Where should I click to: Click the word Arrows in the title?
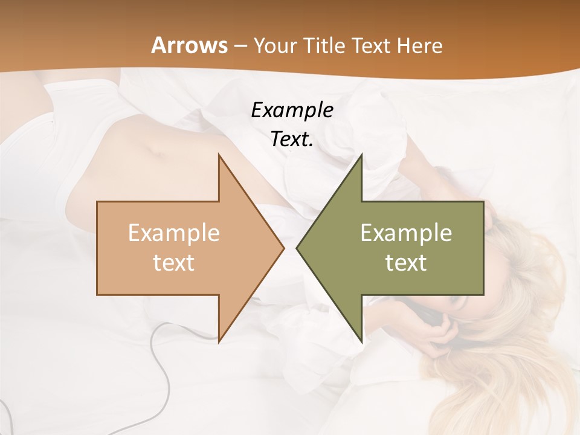(189, 45)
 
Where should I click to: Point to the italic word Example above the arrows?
(292, 110)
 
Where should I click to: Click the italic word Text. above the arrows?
(292, 140)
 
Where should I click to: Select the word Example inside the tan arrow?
(174, 233)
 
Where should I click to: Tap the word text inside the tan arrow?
(174, 263)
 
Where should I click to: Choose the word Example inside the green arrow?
(406, 233)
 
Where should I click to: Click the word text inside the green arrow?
(406, 263)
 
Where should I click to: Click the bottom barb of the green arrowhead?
(361, 338)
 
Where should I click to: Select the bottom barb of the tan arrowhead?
(220, 338)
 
